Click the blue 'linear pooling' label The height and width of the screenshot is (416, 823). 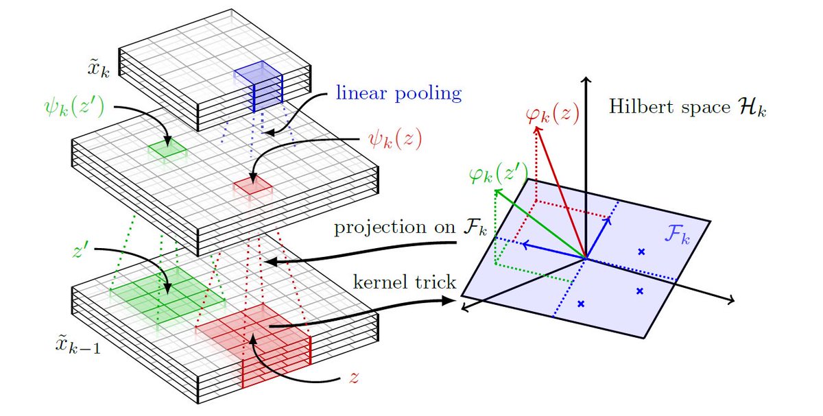(398, 93)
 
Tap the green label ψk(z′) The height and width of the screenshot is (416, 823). (71, 108)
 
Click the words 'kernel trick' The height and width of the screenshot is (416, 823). (405, 282)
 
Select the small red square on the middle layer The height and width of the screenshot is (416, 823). (253, 184)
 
